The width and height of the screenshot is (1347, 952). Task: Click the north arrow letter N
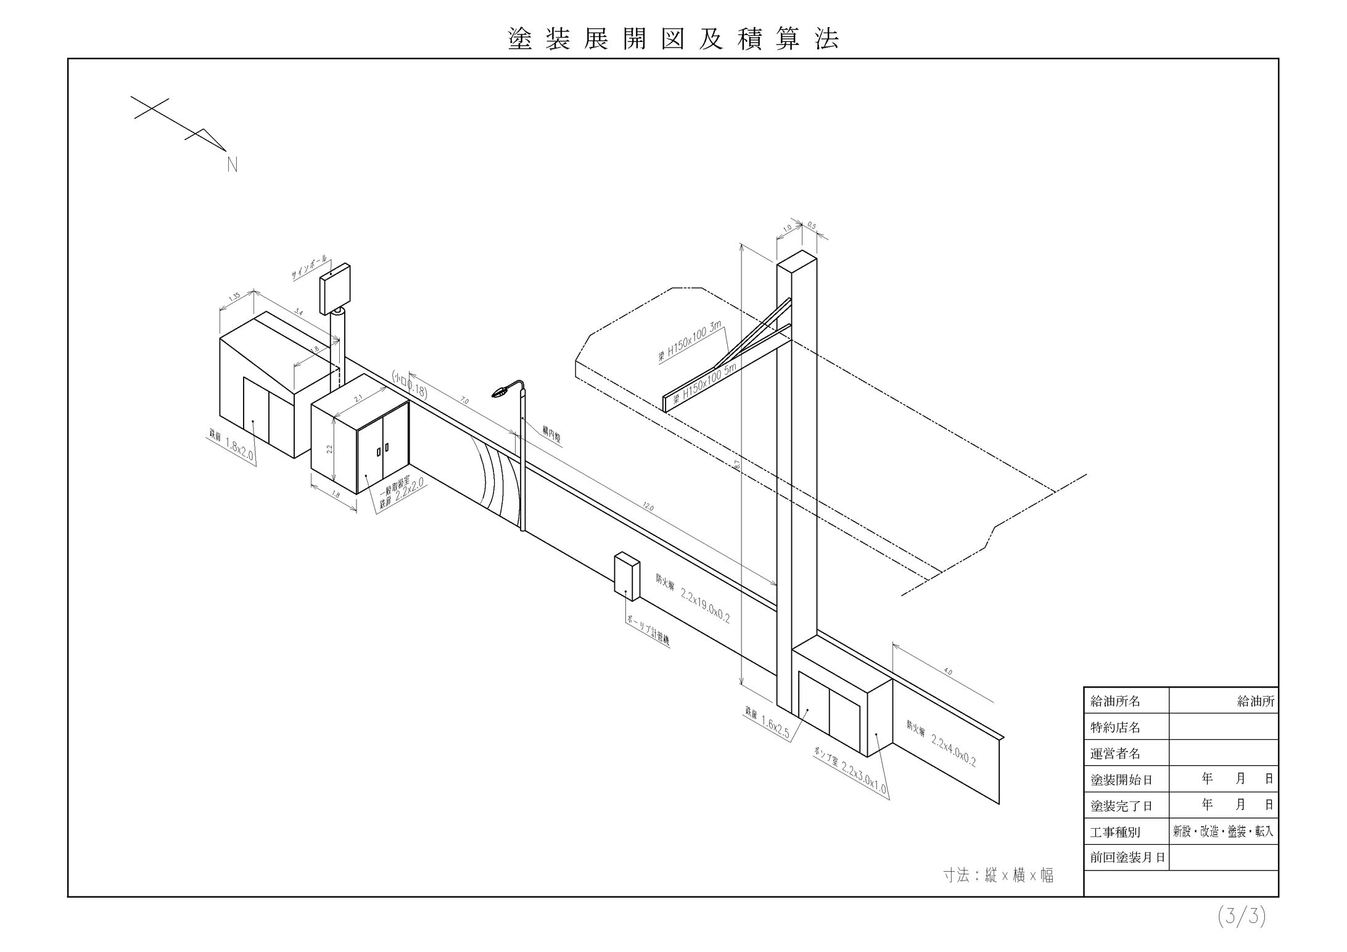233,165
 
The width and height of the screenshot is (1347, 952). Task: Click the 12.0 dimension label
648,507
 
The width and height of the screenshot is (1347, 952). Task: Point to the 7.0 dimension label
464,401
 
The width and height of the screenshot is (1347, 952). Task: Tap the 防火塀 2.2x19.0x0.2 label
693,597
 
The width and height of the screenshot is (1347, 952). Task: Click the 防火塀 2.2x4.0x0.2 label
941,742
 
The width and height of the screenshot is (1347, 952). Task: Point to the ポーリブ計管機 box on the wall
627,575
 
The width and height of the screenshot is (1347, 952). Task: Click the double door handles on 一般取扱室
383,449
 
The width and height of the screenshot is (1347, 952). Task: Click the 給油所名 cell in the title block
1115,701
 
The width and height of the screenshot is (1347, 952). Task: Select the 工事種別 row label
1115,832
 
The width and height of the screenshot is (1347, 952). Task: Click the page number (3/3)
1242,917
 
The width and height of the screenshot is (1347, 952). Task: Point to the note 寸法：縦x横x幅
998,876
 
